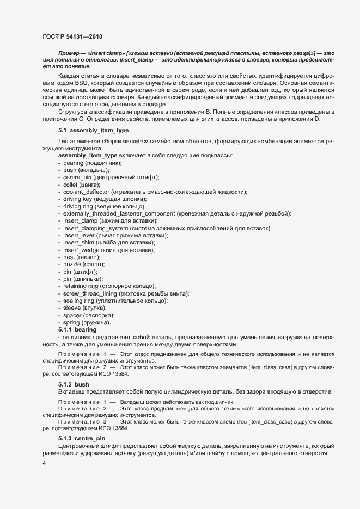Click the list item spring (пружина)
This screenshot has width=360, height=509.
click(87, 322)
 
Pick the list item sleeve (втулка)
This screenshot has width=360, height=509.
click(85, 308)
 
